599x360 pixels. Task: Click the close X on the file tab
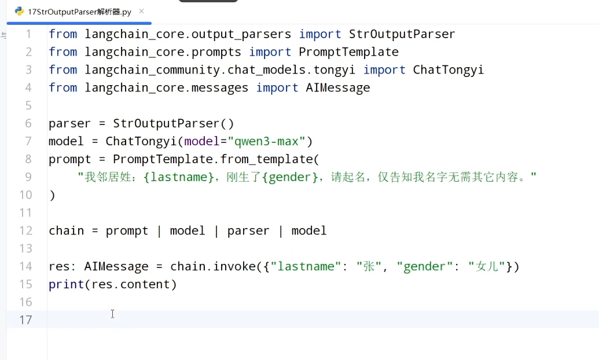pyautogui.click(x=141, y=12)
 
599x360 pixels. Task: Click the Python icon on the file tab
pyautogui.click(x=19, y=12)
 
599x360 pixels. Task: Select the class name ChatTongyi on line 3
pyautogui.click(x=448, y=70)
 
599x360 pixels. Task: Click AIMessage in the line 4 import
pyautogui.click(x=338, y=88)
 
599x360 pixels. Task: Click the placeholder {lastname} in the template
pyautogui.click(x=178, y=177)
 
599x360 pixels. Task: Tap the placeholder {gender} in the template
pyautogui.click(x=290, y=177)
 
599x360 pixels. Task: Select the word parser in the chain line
pyautogui.click(x=248, y=231)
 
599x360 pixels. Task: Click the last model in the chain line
pyautogui.click(x=308, y=231)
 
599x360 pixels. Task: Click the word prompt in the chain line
pyautogui.click(x=127, y=231)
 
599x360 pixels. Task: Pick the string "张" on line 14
pyautogui.click(x=369, y=266)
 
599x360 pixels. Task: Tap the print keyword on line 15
pyautogui.click(x=66, y=284)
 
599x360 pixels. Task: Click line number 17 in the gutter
pyautogui.click(x=25, y=319)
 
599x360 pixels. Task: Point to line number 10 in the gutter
pyautogui.click(x=25, y=195)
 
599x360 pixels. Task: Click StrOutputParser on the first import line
pyautogui.click(x=402, y=34)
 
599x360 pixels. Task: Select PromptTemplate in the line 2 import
pyautogui.click(x=348, y=52)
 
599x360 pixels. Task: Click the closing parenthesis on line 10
pyautogui.click(x=52, y=195)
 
